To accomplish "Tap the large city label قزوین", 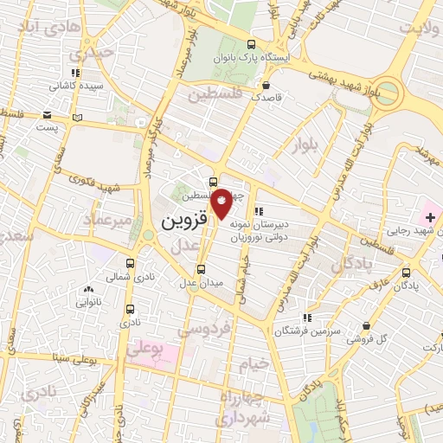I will coord(184,221).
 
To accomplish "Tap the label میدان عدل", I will coord(201,282).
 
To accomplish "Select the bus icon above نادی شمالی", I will coord(131,263).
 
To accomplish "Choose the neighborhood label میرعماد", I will coord(110,221).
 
